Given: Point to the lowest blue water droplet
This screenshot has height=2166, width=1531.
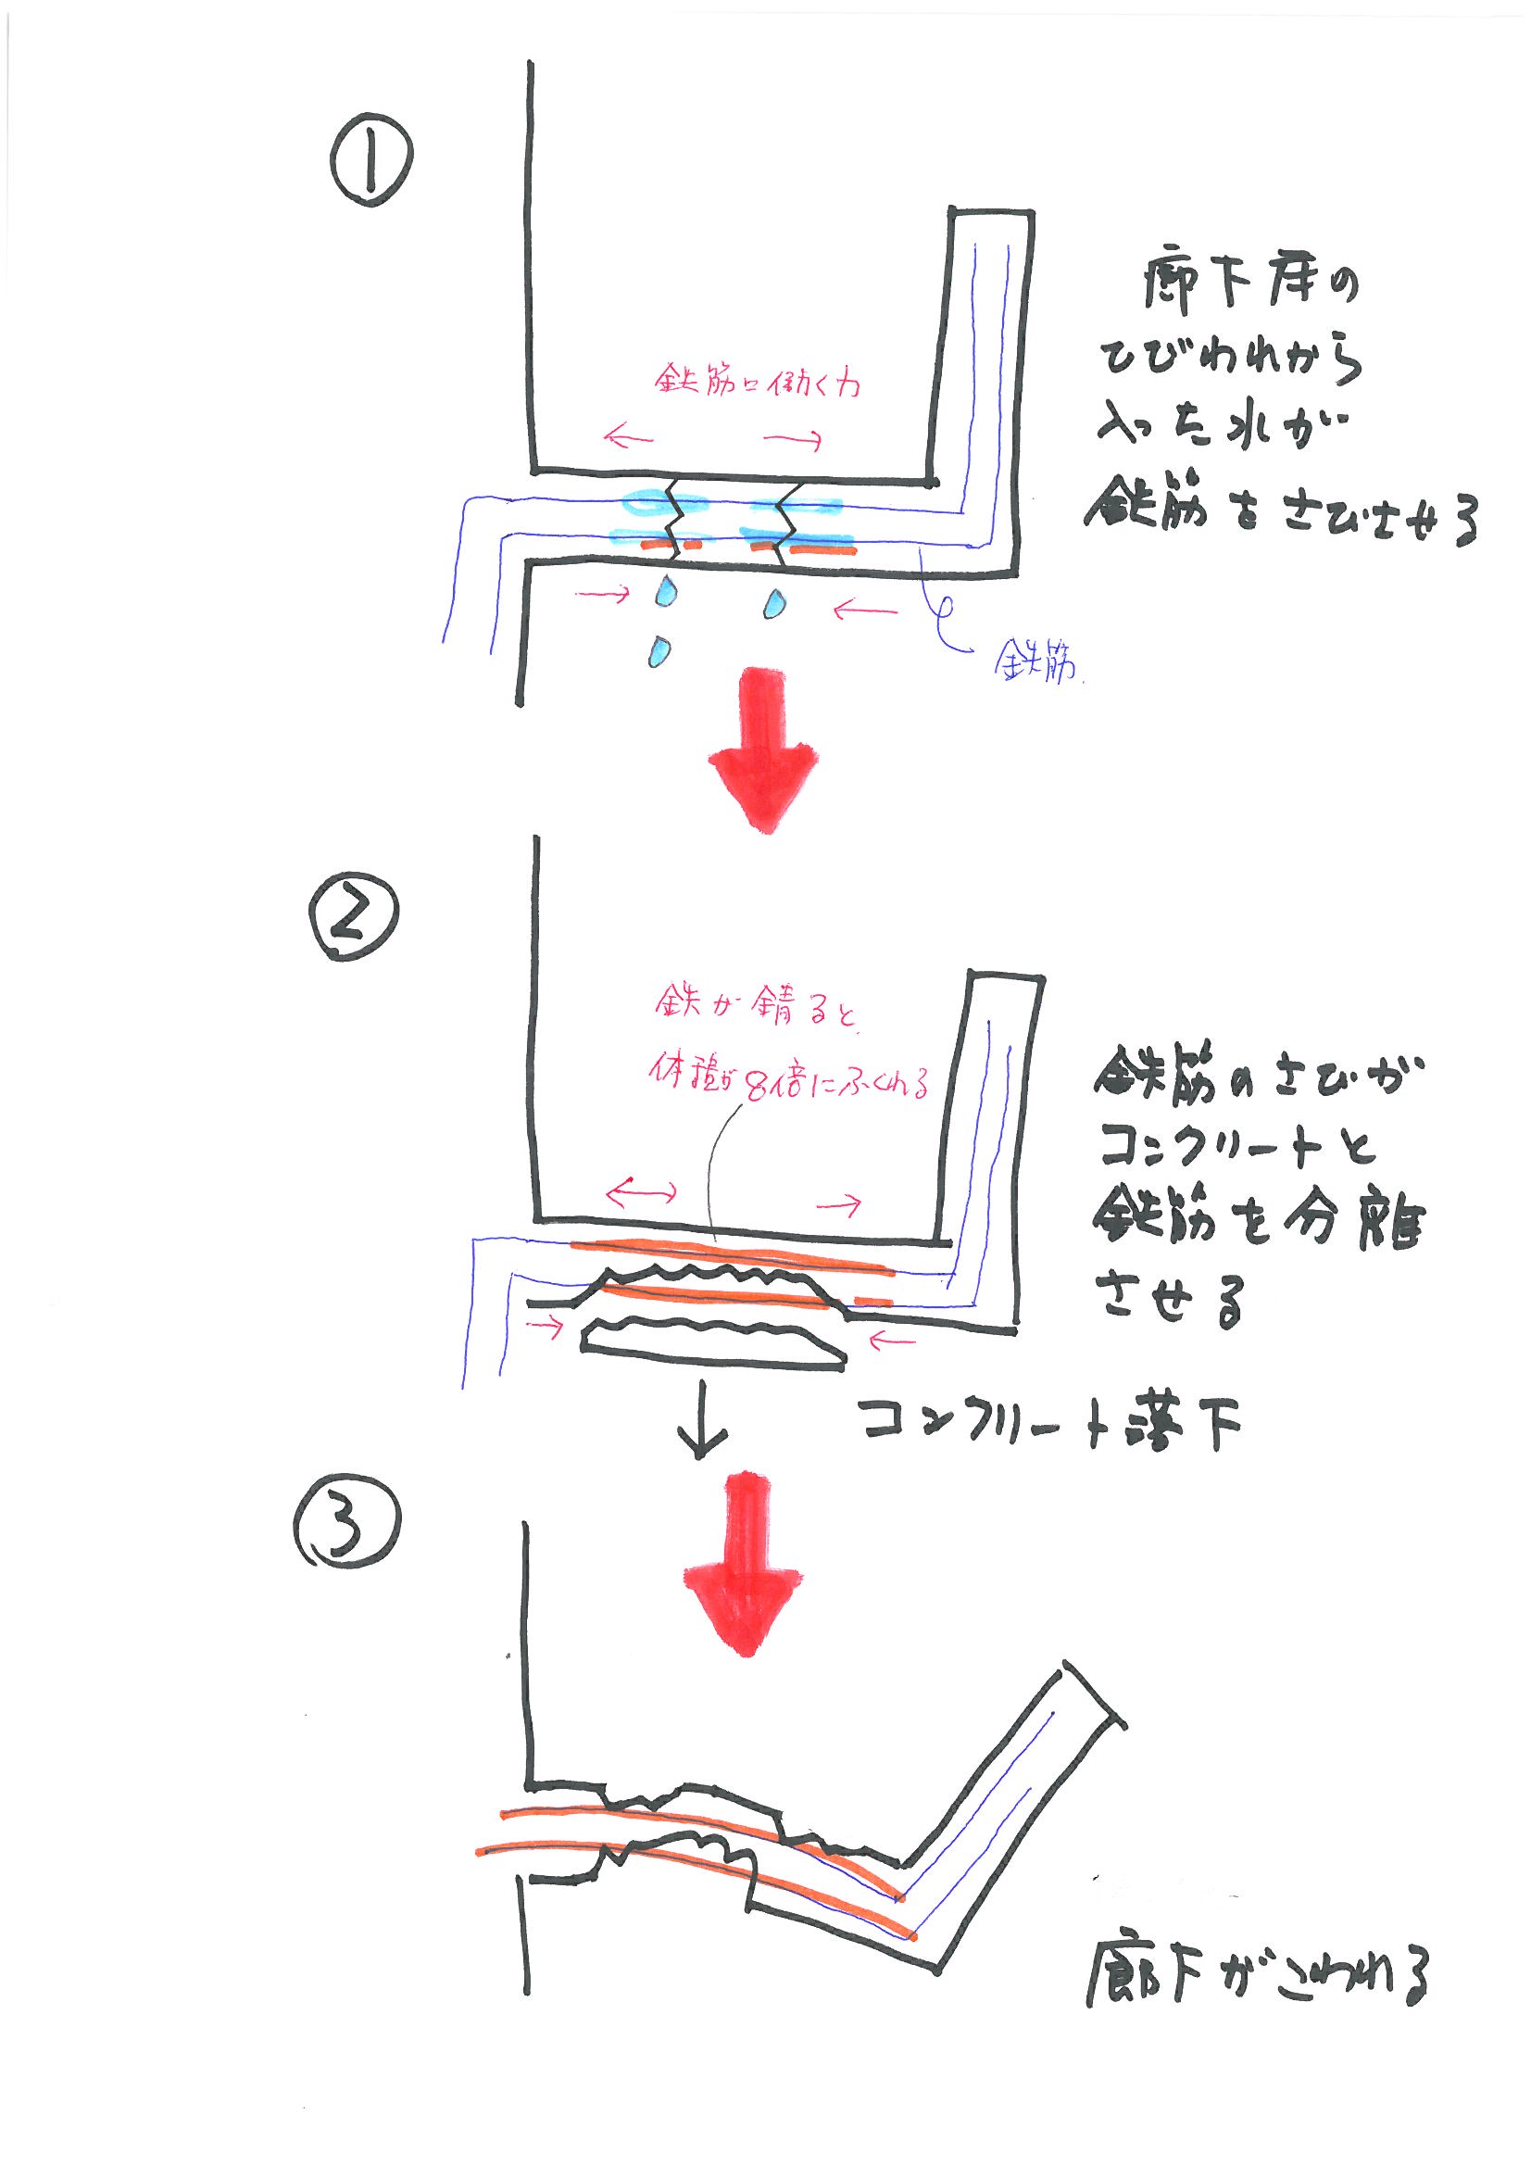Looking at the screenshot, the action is pos(660,650).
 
